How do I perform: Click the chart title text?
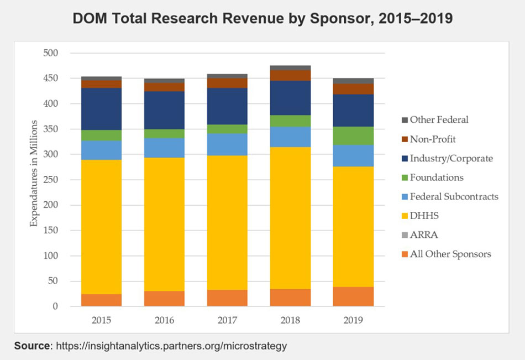(262, 18)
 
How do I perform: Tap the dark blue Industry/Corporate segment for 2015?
(101, 109)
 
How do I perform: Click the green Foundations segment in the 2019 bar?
(353, 135)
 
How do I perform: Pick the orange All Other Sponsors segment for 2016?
(164, 299)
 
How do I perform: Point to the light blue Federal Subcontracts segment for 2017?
(227, 144)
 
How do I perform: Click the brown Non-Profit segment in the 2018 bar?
(290, 75)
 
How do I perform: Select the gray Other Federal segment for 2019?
(353, 81)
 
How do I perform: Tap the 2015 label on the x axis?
(101, 320)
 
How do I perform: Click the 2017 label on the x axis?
(227, 320)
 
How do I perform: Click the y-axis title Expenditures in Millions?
(34, 173)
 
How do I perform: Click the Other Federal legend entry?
(435, 119)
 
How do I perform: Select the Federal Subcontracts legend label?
(450, 196)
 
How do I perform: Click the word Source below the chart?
(32, 346)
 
